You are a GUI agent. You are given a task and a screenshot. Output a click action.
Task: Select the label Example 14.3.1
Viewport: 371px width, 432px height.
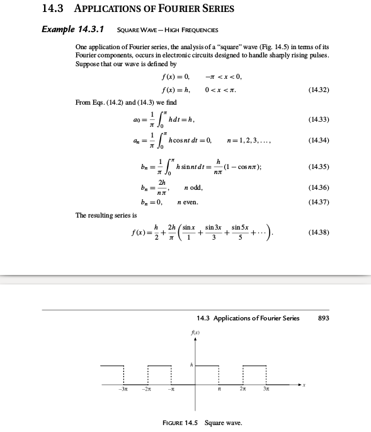click(x=72, y=29)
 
